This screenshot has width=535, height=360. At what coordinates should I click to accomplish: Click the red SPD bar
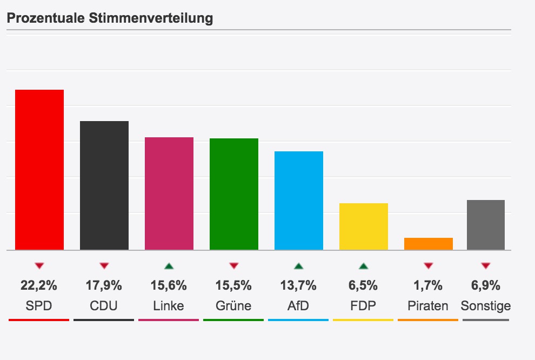tap(39, 170)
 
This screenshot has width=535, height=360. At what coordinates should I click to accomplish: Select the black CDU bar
tap(104, 185)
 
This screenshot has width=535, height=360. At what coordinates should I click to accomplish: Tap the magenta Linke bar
tap(169, 194)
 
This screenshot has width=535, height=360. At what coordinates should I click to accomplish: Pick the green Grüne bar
tap(234, 194)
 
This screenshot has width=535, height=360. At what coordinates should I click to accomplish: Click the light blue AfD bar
tap(299, 201)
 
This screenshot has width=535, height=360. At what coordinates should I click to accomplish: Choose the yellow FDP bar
tap(364, 226)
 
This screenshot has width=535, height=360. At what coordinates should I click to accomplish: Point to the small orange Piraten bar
tap(429, 244)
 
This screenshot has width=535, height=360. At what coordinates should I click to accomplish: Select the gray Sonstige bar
tap(486, 225)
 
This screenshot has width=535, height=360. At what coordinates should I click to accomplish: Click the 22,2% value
tap(39, 285)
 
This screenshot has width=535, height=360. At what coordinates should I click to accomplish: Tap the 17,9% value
tap(104, 285)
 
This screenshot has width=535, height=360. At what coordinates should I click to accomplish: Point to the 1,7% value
tap(429, 285)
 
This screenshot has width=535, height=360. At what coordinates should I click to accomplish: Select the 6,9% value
tap(486, 285)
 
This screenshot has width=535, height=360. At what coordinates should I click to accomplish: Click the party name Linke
tap(169, 306)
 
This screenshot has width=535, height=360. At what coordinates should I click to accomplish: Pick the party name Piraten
tap(428, 306)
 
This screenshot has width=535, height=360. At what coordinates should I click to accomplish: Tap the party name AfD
tap(299, 306)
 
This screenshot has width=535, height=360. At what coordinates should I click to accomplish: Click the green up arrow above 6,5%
tap(364, 265)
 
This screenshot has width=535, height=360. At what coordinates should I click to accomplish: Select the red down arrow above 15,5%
tap(234, 265)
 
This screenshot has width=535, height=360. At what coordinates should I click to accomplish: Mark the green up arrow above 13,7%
tap(299, 265)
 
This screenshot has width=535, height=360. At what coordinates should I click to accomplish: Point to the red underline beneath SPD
tap(39, 320)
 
